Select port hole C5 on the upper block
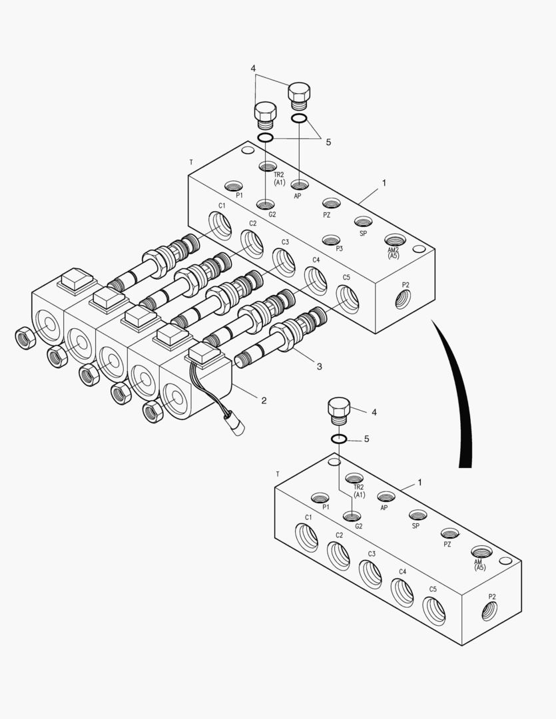[x=348, y=298]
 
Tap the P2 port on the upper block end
[x=404, y=300]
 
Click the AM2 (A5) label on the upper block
[x=394, y=252]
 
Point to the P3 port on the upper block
[x=331, y=240]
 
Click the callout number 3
[x=319, y=366]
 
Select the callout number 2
[x=264, y=400]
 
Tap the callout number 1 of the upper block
[x=383, y=182]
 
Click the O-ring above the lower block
[x=339, y=439]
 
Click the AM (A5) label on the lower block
[x=479, y=565]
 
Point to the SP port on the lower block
[x=417, y=515]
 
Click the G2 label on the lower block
[x=359, y=526]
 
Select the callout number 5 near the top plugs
[x=328, y=142]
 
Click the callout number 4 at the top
[x=253, y=69]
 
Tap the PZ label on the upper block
[x=327, y=215]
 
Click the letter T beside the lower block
[x=277, y=474]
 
